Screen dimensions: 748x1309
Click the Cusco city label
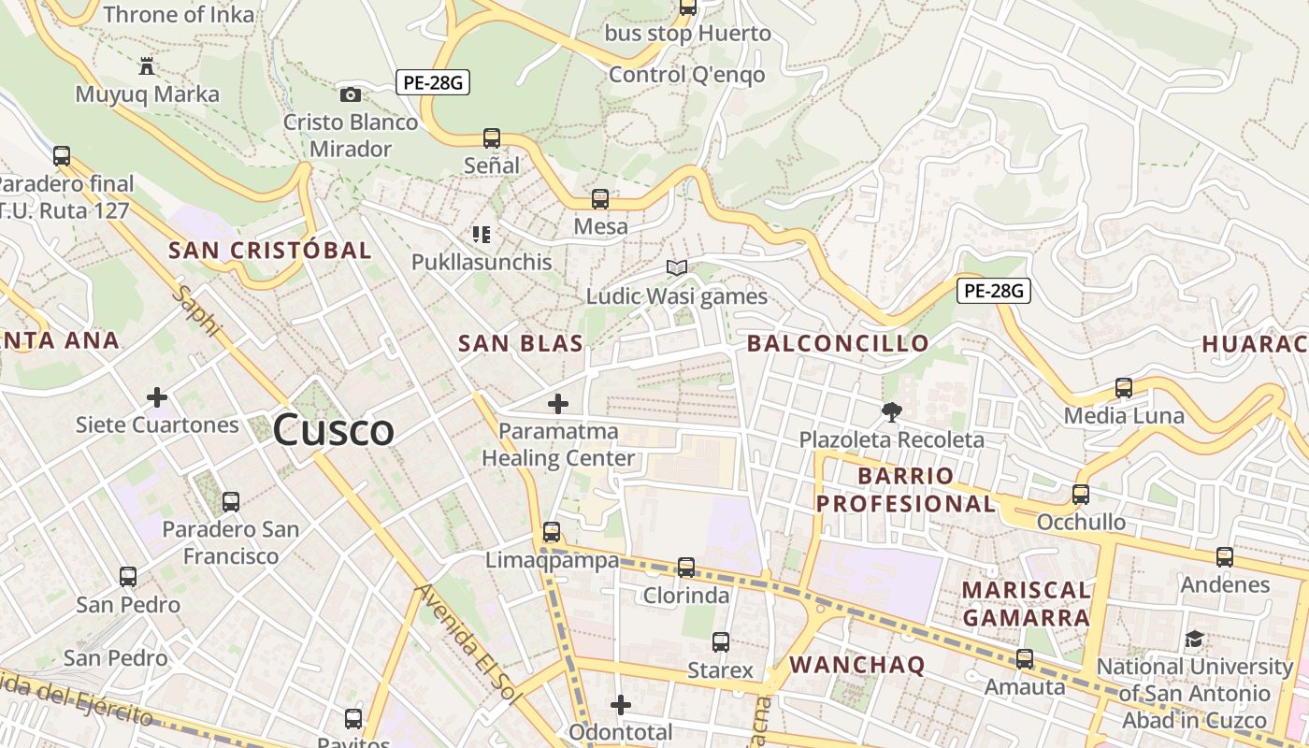(x=334, y=430)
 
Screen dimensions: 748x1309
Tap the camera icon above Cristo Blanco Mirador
(x=351, y=94)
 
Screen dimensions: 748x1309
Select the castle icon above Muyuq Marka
(x=147, y=66)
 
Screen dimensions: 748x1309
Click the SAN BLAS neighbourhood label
(x=521, y=343)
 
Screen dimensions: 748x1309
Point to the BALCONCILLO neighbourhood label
(x=839, y=343)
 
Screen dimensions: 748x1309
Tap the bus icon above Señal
(x=492, y=138)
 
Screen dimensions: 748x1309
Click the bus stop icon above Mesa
(x=600, y=199)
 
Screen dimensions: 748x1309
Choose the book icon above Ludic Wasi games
(x=677, y=268)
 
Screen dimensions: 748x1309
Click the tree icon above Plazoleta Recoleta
(x=891, y=411)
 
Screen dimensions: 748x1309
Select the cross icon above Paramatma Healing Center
(x=558, y=404)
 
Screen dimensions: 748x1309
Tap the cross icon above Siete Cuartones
(x=157, y=398)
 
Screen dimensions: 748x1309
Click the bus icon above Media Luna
(x=1124, y=388)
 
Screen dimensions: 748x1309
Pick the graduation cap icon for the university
(x=1194, y=640)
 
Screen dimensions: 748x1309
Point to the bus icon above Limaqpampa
(x=552, y=532)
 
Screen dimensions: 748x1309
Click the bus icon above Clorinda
(x=686, y=568)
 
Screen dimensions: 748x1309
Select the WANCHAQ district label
(x=857, y=665)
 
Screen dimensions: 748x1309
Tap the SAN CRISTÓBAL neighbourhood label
(x=270, y=250)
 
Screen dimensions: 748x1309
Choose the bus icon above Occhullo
(x=1081, y=495)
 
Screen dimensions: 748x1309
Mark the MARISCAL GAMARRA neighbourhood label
(x=1027, y=604)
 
